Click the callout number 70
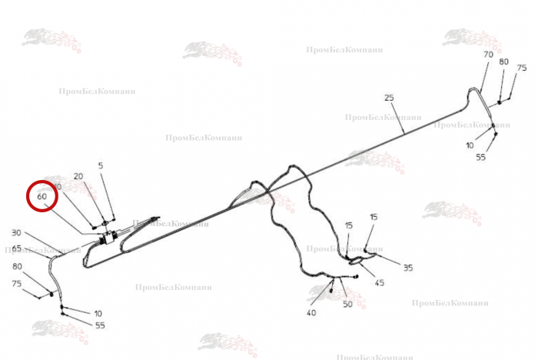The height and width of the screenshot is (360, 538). coord(488,55)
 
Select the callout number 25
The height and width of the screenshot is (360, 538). coord(389,97)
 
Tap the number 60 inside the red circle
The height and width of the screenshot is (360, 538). coord(43,197)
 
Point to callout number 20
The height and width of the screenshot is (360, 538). coord(78,176)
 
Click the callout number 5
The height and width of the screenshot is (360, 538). coord(100,165)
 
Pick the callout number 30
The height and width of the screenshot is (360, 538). coord(16,232)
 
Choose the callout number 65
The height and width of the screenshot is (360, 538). coord(17,248)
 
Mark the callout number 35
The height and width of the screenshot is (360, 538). coord(407,268)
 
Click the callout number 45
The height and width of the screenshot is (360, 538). coord(379,282)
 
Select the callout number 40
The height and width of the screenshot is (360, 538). coord(311,312)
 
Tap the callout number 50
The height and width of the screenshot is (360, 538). coord(347,305)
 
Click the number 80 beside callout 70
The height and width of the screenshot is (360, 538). coord(504,62)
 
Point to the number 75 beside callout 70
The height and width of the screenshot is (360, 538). coord(522,68)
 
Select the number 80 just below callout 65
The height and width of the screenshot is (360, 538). coord(17,266)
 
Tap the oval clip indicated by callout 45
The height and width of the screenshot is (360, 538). coord(355,262)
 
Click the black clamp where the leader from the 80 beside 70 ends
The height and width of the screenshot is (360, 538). coord(499,102)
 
